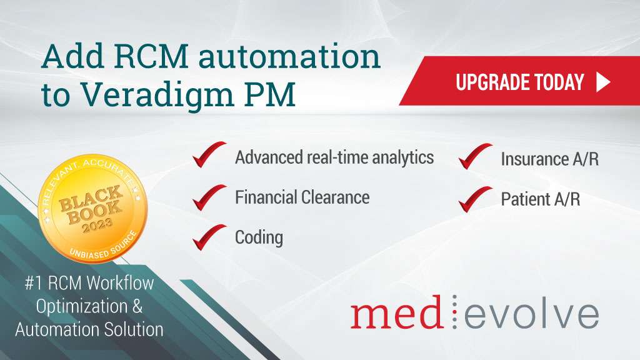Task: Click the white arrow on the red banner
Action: (x=602, y=82)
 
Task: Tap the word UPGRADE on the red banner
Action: (x=489, y=82)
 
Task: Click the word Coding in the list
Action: (x=259, y=237)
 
